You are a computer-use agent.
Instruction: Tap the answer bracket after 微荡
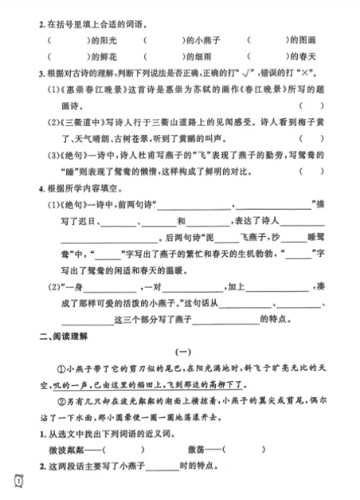pos(242,450)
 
